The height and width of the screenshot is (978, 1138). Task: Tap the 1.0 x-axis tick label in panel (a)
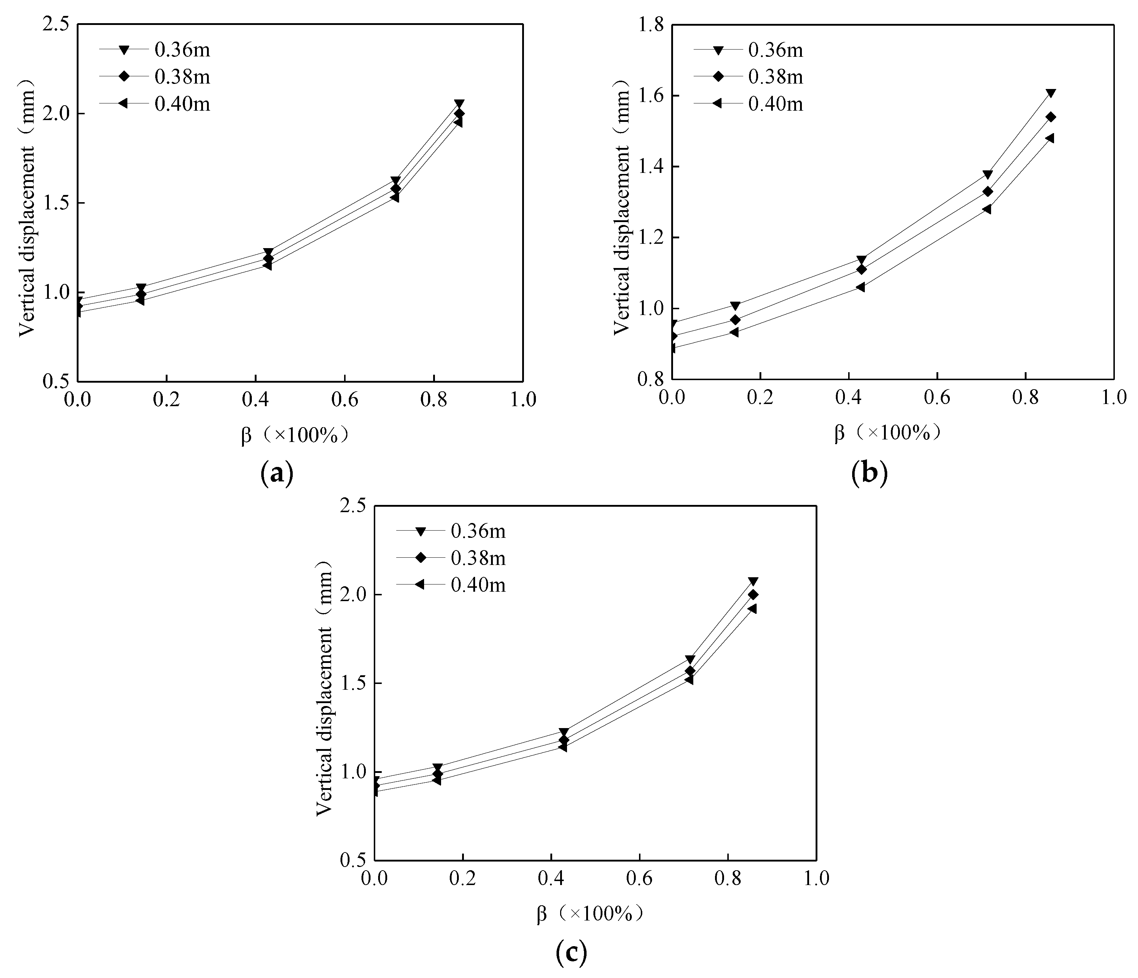point(523,399)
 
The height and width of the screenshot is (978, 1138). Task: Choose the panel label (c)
point(571,953)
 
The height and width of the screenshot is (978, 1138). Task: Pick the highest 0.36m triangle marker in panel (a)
point(459,104)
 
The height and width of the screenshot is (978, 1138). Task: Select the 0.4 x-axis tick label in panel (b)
point(849,397)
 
